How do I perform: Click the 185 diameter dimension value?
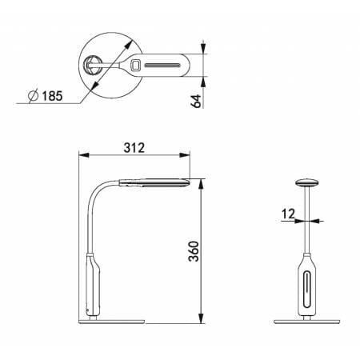tap(52, 96)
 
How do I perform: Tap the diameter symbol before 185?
tap(34, 95)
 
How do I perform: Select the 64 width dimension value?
tap(196, 101)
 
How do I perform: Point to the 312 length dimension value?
tap(134, 148)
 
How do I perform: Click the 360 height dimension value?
tap(194, 251)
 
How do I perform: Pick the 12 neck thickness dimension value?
tap(288, 214)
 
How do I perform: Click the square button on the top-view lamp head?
tap(136, 65)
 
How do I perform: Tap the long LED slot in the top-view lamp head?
tap(162, 66)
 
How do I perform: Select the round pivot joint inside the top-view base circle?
tap(92, 65)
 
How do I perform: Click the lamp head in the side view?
tap(154, 182)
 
